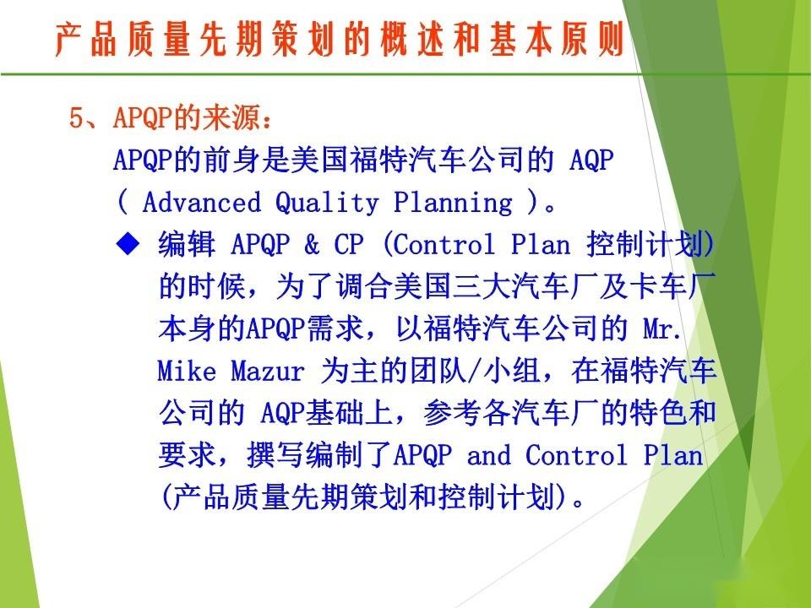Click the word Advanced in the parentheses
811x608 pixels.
pyautogui.click(x=201, y=203)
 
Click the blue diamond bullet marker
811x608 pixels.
pyautogui.click(x=128, y=244)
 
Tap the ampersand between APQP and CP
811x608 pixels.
pyautogui.click(x=312, y=245)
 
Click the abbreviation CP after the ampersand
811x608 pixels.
pyautogui.click(x=348, y=245)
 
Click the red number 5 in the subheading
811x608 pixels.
pyautogui.click(x=76, y=119)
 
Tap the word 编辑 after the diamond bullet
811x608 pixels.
pyautogui.click(x=182, y=245)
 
